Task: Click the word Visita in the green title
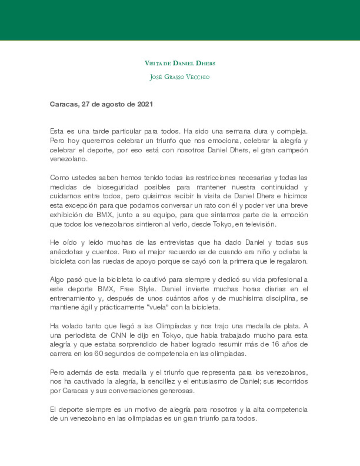(x=153, y=63)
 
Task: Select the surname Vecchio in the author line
(x=197, y=77)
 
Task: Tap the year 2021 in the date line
(x=145, y=104)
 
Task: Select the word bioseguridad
(x=117, y=187)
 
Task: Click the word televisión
(x=260, y=224)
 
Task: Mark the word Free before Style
(x=127, y=289)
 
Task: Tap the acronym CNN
(x=119, y=335)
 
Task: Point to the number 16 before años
(x=275, y=344)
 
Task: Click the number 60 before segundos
(x=99, y=354)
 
